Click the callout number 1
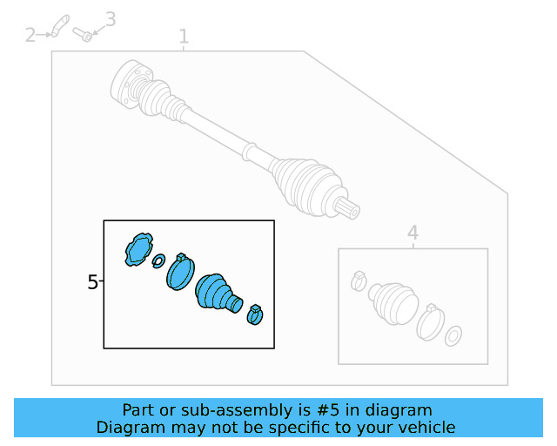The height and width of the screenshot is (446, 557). [184, 37]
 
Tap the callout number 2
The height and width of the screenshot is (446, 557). [30, 35]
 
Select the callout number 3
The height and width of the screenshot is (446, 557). [111, 19]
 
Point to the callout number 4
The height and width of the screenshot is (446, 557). [413, 233]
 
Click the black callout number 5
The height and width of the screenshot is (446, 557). [92, 282]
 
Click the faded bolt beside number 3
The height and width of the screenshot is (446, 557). [83, 35]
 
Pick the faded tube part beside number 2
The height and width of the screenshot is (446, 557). [60, 25]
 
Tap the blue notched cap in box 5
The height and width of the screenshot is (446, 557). [138, 249]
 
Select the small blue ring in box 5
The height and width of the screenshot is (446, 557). [158, 261]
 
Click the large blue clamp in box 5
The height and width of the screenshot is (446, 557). [180, 272]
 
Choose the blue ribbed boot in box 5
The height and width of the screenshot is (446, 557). [218, 293]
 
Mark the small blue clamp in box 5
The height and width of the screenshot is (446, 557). [255, 315]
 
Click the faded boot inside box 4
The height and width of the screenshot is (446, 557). [393, 303]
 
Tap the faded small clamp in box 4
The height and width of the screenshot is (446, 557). [359, 281]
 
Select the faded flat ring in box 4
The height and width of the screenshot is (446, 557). [453, 335]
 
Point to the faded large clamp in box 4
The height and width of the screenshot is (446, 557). [431, 322]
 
